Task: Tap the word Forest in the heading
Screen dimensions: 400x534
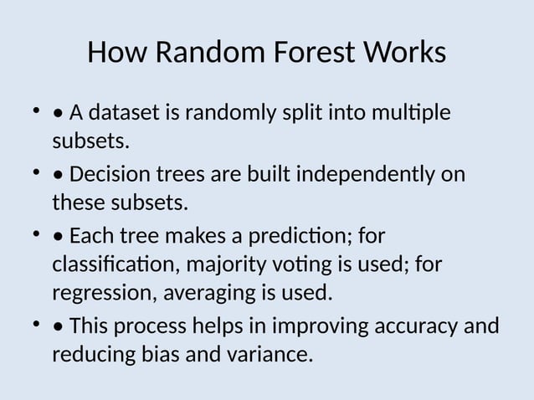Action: pyautogui.click(x=314, y=54)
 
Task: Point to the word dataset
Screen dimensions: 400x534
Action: pyautogui.click(x=129, y=112)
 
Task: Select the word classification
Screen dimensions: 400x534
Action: pyautogui.click(x=114, y=265)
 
